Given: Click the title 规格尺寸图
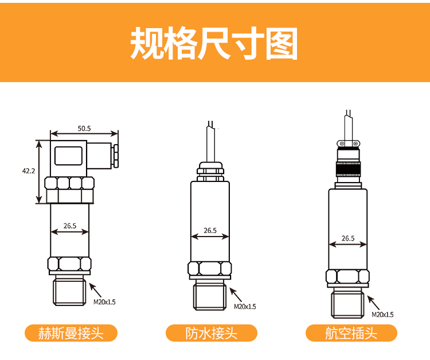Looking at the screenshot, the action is coord(214,43).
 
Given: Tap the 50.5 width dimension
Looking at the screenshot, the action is coord(84,129).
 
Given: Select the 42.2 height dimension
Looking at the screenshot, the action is coord(29,171).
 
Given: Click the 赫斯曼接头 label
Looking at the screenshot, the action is coord(71,333).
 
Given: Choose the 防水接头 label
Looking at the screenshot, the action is coord(211,333).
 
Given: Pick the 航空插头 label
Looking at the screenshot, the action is coord(351,333).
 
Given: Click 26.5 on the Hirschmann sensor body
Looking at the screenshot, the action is coord(70,226).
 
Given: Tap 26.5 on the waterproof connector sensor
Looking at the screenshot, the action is coord(210,231).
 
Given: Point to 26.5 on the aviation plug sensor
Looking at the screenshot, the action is coord(348,238).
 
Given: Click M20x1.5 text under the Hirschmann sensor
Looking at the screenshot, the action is coord(104,302).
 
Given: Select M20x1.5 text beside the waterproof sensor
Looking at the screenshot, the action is coord(245,307).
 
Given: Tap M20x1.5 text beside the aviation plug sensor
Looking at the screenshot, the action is coord(382,315).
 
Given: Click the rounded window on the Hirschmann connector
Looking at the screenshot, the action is coord(68,156).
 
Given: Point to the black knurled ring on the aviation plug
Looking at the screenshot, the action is coord(348,169).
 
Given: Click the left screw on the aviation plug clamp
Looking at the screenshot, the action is coord(342,144).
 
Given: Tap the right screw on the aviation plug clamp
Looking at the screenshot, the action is coord(355,144).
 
